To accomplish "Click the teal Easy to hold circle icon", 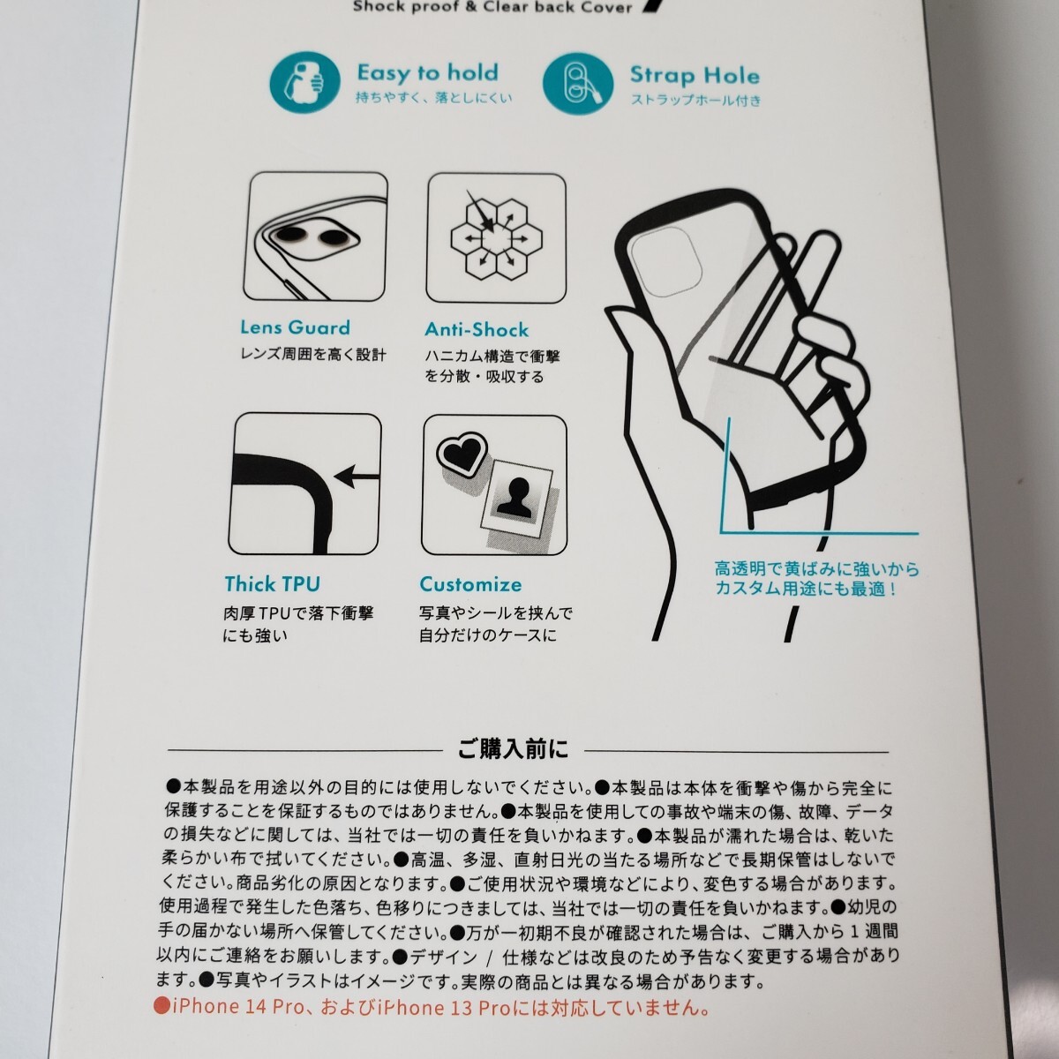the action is pyautogui.click(x=304, y=83).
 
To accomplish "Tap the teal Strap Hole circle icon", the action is pyautogui.click(x=577, y=84).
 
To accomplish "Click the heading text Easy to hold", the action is pyautogui.click(x=427, y=72).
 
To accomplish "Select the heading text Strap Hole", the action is pyautogui.click(x=695, y=75).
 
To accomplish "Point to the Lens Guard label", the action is pyautogui.click(x=295, y=327).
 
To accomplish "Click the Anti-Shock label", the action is pyautogui.click(x=477, y=329).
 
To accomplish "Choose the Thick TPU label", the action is pyautogui.click(x=272, y=583).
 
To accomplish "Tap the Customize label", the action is pyautogui.click(x=470, y=584).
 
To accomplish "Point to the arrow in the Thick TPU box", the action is pyautogui.click(x=357, y=476).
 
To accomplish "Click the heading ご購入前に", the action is pyautogui.click(x=514, y=749).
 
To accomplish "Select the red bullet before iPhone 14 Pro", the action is pyautogui.click(x=161, y=1006).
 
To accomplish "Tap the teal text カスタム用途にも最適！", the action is pyautogui.click(x=807, y=589).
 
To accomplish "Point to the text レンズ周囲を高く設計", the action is pyautogui.click(x=313, y=355).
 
